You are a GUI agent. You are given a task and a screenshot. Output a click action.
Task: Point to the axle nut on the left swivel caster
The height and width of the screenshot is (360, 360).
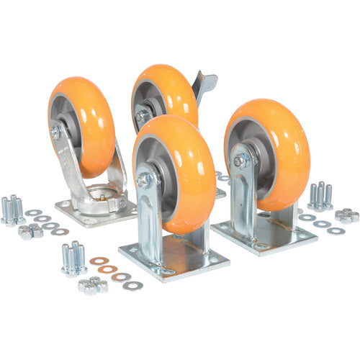pos(56,132)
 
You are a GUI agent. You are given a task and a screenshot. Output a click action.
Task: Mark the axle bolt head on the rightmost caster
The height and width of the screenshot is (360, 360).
pos(240,161)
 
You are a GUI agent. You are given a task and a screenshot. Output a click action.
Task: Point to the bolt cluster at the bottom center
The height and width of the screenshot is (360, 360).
pos(73,257)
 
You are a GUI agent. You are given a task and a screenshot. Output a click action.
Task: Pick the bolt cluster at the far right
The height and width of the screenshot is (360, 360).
pos(320,194)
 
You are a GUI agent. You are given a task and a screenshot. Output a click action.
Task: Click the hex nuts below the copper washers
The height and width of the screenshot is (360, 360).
pos(92,285)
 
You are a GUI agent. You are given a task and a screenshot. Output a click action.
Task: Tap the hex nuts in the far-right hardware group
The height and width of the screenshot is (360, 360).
pos(346,215)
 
